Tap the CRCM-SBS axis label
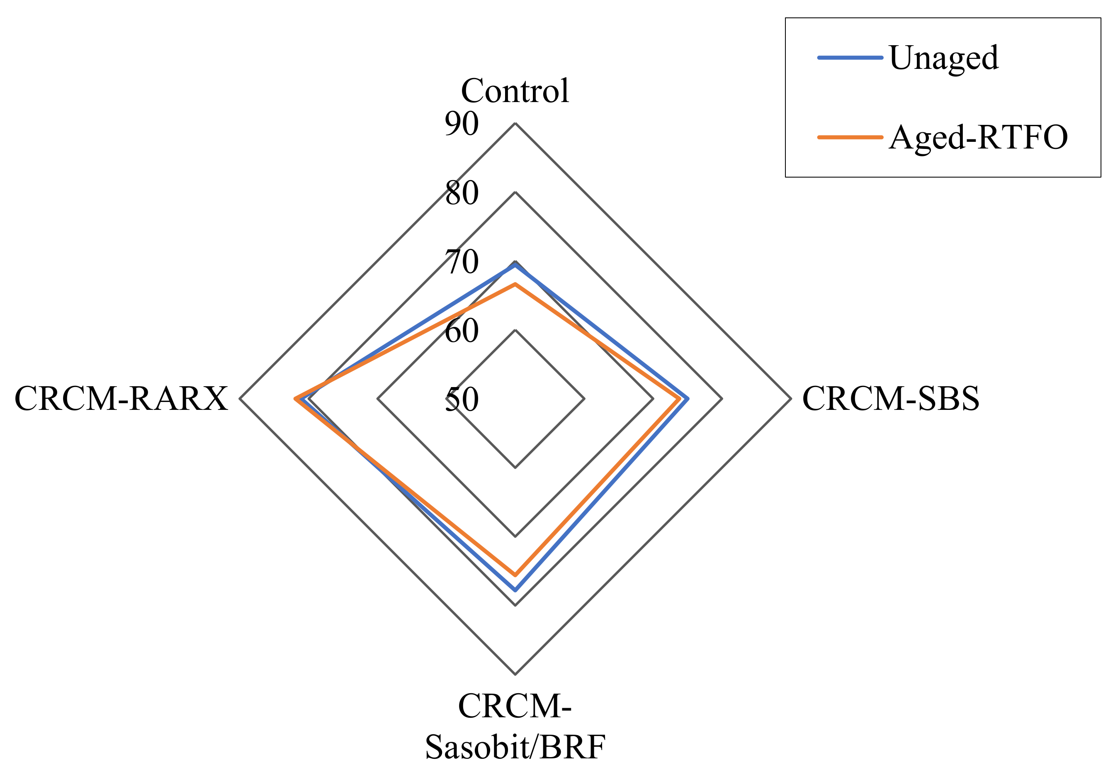[891, 398]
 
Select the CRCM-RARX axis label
[121, 398]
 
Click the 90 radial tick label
[462, 124]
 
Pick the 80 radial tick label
[462, 193]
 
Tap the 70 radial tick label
[462, 262]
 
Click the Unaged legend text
[944, 58]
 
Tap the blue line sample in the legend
[850, 58]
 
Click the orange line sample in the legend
[850, 137]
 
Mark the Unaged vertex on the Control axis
[515, 265]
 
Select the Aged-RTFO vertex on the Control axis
[515, 284]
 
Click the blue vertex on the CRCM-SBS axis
[688, 398]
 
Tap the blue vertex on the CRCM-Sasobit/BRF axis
[515, 590]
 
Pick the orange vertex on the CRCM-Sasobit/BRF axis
[515, 574]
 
